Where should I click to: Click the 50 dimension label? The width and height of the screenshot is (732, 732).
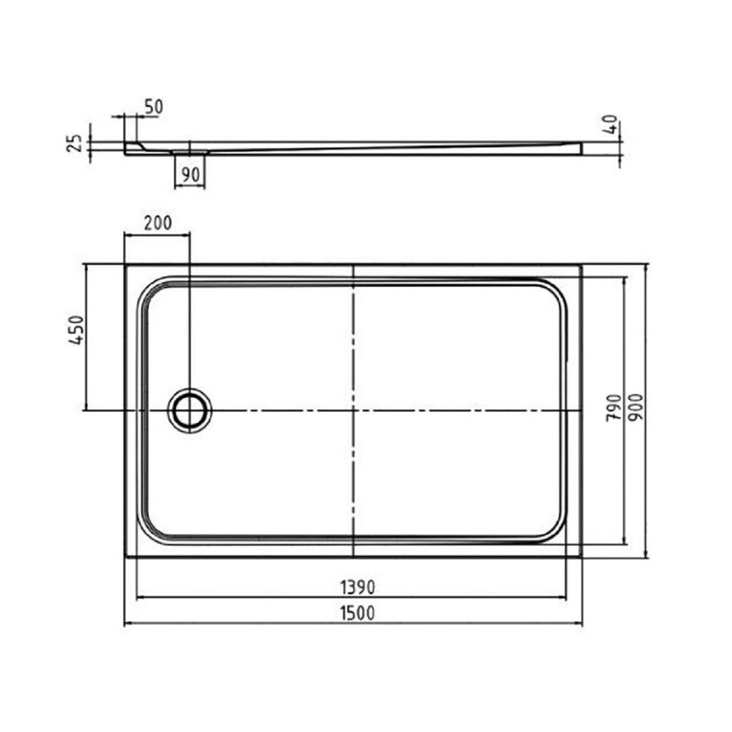154,107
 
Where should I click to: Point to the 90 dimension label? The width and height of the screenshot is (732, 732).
190,175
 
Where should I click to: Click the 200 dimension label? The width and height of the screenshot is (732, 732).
158,223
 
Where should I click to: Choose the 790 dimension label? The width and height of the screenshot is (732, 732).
613,407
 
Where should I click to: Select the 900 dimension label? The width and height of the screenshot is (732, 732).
636,407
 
